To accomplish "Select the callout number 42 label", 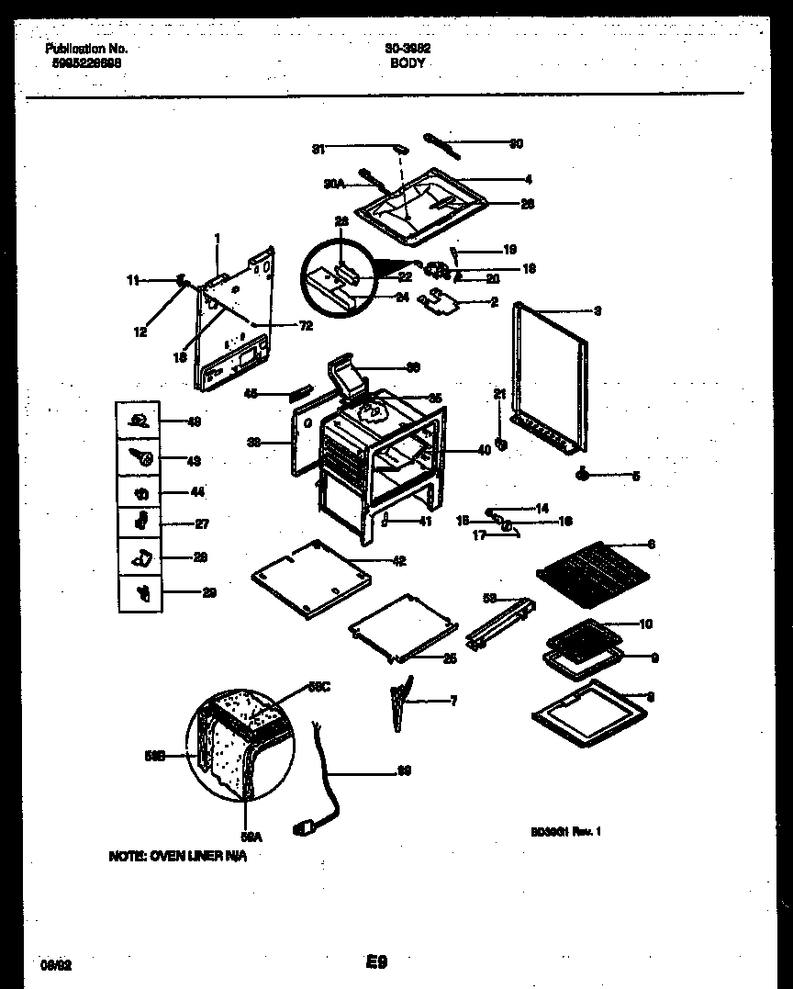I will [x=398, y=560].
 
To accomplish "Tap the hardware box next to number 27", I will [x=140, y=523].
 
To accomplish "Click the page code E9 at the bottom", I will [x=375, y=963].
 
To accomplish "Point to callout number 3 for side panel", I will [x=597, y=311].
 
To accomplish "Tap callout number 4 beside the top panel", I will [x=528, y=180].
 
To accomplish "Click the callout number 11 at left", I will [x=133, y=282].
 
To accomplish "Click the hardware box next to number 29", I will [x=140, y=592].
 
